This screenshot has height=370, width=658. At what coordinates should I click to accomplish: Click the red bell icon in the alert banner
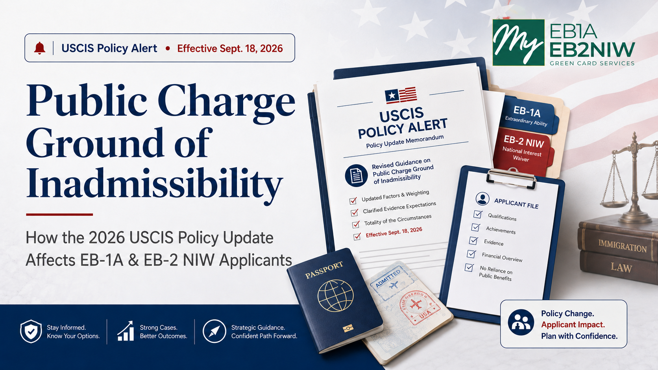[x=40, y=48]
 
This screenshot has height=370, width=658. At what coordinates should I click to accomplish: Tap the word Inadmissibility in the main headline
[x=155, y=183]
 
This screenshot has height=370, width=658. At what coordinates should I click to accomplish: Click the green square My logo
[x=518, y=42]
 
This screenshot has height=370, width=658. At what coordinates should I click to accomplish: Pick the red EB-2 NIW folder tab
[x=523, y=150]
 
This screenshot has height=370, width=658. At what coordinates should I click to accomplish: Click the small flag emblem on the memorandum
[x=401, y=96]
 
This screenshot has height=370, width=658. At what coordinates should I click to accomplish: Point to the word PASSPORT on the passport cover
[x=324, y=270]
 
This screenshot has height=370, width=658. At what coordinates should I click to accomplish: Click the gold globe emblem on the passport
[x=335, y=296]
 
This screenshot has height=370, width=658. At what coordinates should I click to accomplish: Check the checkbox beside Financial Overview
[x=471, y=254]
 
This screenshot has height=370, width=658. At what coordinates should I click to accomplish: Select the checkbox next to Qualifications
[x=478, y=214]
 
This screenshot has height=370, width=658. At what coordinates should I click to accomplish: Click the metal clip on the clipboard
[x=511, y=177]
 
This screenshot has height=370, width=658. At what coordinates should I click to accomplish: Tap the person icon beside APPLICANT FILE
[x=482, y=199]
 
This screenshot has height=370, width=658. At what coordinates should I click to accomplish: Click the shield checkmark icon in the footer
[x=31, y=331]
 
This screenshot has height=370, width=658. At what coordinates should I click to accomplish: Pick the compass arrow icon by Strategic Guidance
[x=214, y=331]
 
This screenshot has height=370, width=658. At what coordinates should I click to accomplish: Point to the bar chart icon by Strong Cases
[x=126, y=331]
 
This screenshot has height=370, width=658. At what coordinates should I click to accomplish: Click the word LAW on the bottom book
[x=621, y=268]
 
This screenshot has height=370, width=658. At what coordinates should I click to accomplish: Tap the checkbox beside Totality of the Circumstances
[x=356, y=225]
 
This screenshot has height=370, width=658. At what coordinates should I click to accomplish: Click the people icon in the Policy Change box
[x=521, y=322]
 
